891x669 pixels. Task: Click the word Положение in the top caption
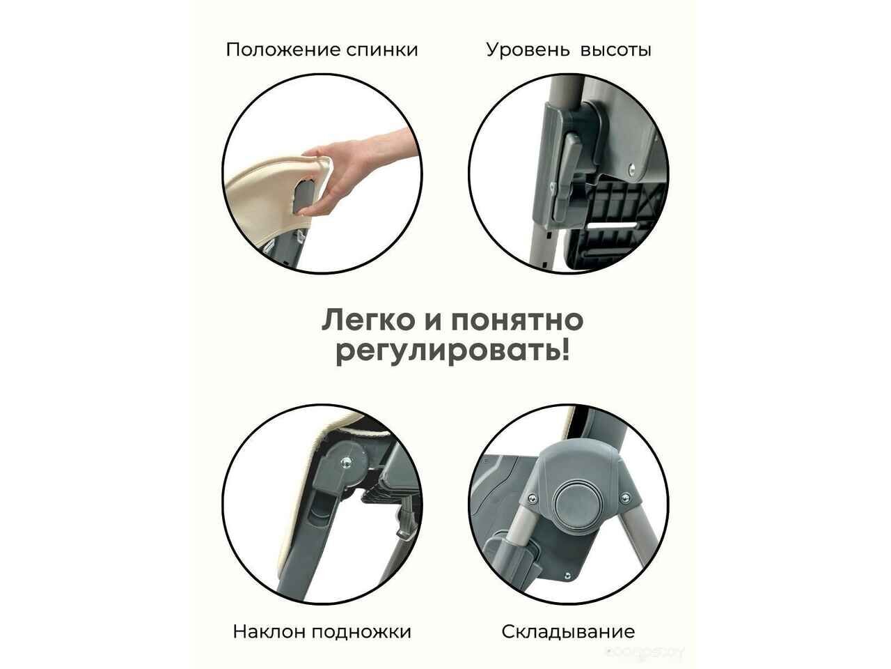[x=283, y=50]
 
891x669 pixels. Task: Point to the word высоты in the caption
[x=616, y=51]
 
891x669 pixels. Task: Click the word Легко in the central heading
[x=368, y=321]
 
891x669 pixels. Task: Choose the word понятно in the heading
[x=517, y=321]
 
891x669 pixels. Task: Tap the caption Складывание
[x=568, y=632]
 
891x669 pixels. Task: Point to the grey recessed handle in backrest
[x=304, y=197]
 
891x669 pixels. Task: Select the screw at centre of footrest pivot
[x=346, y=462]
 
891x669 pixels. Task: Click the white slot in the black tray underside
[x=611, y=225]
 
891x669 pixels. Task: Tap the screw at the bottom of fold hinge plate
[x=567, y=575]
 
